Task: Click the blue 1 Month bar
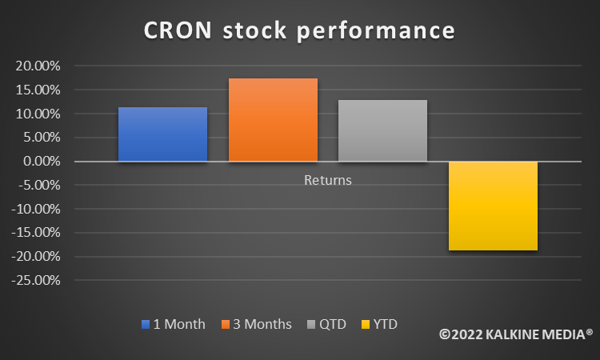(162, 134)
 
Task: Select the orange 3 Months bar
(274, 120)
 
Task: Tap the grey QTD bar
(382, 130)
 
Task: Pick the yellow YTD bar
(494, 206)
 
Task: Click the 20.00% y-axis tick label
(38, 66)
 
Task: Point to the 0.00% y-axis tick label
(42, 161)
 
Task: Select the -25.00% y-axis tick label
(36, 281)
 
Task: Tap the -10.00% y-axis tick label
(36, 210)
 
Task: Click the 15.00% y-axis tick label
(38, 90)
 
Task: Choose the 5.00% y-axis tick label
(42, 138)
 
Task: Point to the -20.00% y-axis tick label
(36, 256)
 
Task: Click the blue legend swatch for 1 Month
(146, 325)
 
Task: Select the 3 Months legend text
(262, 324)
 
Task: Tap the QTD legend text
(333, 324)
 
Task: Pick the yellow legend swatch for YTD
(366, 325)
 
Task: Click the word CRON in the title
(178, 30)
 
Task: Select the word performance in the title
(376, 31)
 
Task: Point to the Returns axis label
(328, 180)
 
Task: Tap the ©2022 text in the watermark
(461, 334)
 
